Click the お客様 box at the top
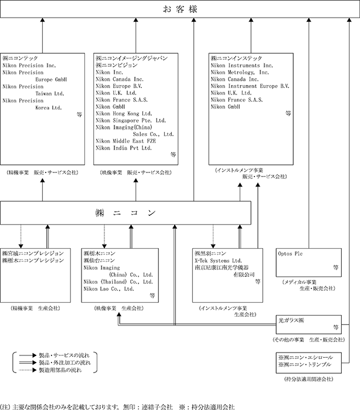pyautogui.click(x=180, y=10)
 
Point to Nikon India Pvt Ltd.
pyautogui.click(x=123, y=148)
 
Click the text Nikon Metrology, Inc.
pyautogui.click(x=239, y=72)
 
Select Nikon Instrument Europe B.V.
pyautogui.click(x=250, y=86)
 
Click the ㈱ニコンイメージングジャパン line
pyautogui.click(x=131, y=59)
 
